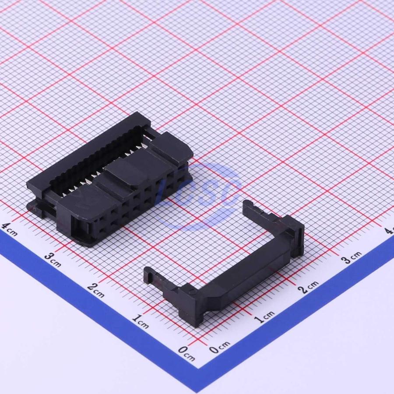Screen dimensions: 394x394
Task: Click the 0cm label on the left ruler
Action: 186,353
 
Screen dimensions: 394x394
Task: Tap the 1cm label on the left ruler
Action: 141,321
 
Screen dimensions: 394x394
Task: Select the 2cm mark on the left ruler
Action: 96,290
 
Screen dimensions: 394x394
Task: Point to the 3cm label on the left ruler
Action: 53,260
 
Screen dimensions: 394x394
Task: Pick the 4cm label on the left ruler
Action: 9,229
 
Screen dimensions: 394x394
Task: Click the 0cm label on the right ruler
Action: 220,347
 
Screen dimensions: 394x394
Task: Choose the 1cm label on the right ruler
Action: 264,317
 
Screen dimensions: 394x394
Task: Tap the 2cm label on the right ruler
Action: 308,287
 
